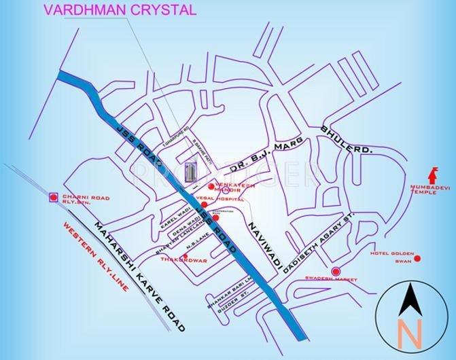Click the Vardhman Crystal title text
pos(120,10)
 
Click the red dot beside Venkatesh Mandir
pos(212,186)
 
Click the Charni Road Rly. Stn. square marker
pos(54,198)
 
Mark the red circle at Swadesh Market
pos(335,272)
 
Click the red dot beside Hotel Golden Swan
pos(417,258)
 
